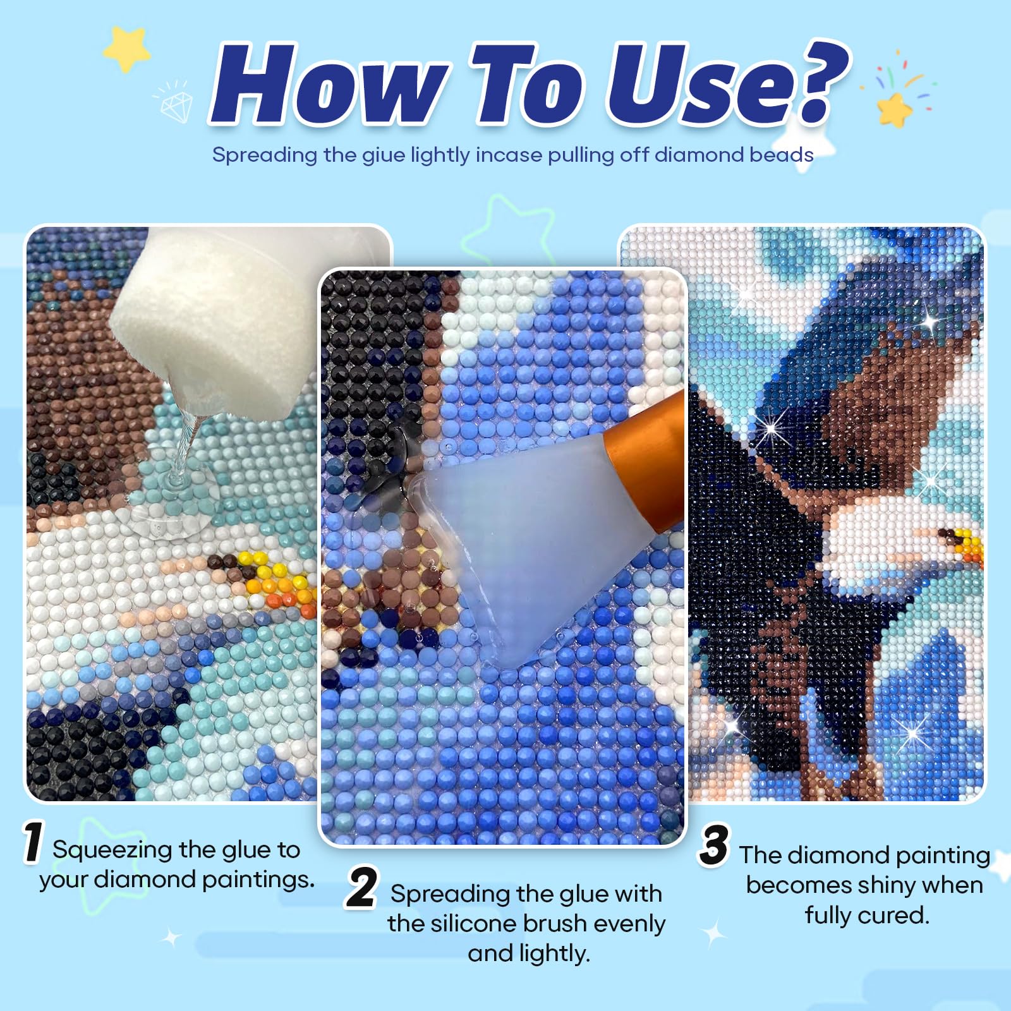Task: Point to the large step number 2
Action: (362, 887)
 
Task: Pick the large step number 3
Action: (715, 845)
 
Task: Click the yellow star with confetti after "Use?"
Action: (895, 109)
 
